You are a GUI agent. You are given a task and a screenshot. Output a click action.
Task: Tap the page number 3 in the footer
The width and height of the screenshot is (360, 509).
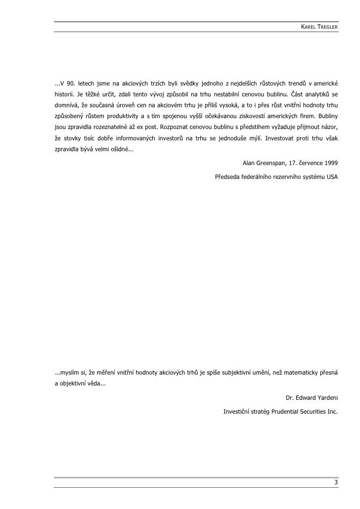pos(336,483)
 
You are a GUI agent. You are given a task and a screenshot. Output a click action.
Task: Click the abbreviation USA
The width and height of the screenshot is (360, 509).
pos(332,176)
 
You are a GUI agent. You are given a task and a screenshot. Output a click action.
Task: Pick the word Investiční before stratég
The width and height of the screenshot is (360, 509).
pos(237,411)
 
